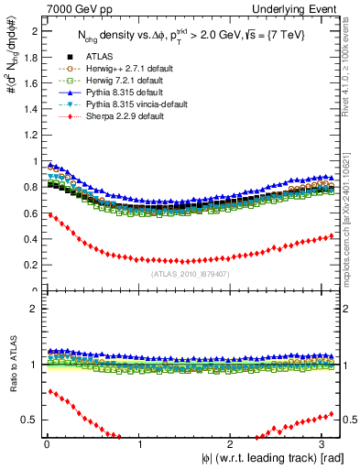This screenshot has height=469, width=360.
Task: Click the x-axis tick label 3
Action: click(x=323, y=445)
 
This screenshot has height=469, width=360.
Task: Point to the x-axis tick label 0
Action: click(x=46, y=445)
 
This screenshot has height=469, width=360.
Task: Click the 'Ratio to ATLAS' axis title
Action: click(x=13, y=366)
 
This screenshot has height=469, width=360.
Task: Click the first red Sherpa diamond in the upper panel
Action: click(x=49, y=214)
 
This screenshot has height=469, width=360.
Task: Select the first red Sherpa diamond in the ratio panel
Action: click(x=49, y=391)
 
